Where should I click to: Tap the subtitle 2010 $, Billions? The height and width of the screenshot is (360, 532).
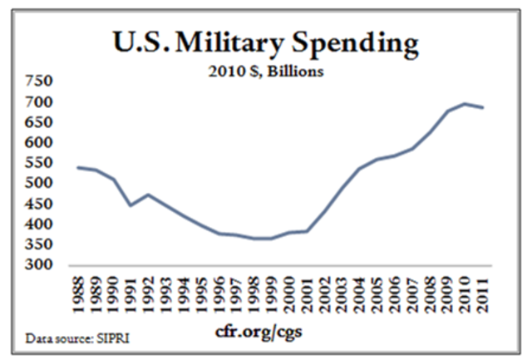[265, 72]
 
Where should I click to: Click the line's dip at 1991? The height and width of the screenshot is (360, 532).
[131, 205]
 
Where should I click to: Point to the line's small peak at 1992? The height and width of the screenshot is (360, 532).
[149, 195]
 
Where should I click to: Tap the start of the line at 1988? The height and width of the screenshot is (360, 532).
[77, 167]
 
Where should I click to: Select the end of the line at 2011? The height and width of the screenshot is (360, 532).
[483, 107]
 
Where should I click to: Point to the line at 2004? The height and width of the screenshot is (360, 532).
[359, 169]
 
